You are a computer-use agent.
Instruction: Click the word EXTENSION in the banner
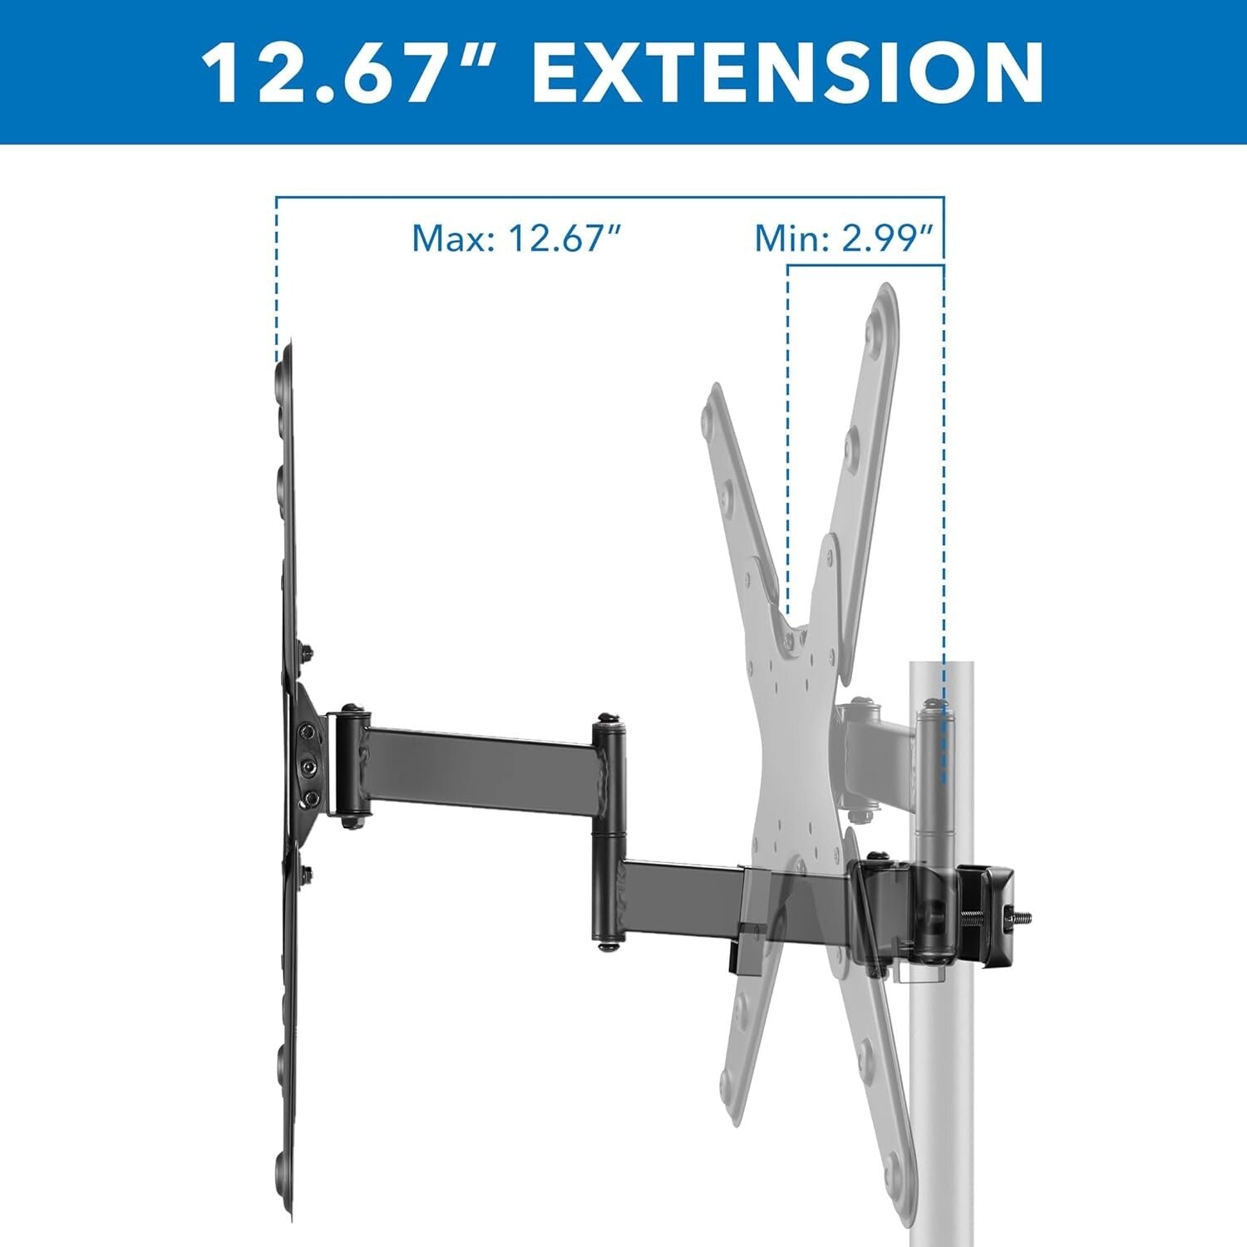tap(786, 71)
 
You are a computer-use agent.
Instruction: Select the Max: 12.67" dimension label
tap(517, 239)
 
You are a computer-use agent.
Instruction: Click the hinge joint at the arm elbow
tap(609, 831)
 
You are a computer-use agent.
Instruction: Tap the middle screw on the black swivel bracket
tap(308, 763)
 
